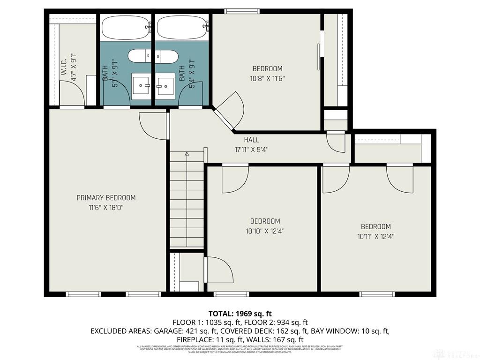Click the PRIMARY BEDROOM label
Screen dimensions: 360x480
pyautogui.click(x=106, y=198)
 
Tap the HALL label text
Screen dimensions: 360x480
pyautogui.click(x=251, y=140)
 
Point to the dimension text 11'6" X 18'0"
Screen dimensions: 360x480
pyautogui.click(x=106, y=207)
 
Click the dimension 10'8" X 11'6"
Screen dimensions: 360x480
pyautogui.click(x=267, y=78)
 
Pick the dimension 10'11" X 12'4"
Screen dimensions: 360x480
pyautogui.click(x=375, y=236)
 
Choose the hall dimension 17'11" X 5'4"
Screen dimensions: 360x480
pyautogui.click(x=251, y=150)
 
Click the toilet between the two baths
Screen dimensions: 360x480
pyautogui.click(x=153, y=56)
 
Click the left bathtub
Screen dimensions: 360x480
pyautogui.click(x=126, y=27)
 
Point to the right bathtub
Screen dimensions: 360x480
pyautogui.click(x=182, y=27)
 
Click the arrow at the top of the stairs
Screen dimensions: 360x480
pyautogui.click(x=187, y=153)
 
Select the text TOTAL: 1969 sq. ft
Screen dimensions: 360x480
pyautogui.click(x=240, y=314)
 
